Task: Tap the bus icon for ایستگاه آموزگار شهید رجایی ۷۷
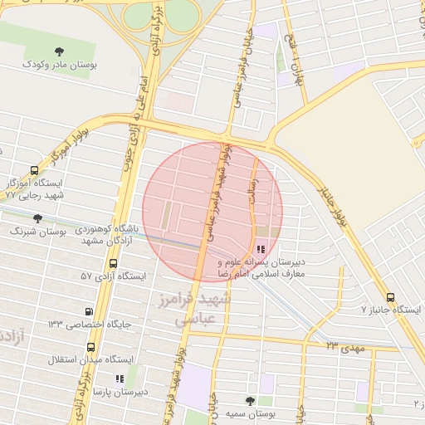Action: tap(34, 169)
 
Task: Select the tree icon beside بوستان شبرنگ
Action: tap(37, 218)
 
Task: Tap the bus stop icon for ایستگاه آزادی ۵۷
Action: tap(113, 263)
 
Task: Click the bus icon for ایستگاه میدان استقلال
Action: tap(90, 348)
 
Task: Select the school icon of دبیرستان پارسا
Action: tap(120, 379)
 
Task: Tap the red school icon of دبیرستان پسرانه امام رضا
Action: tap(261, 248)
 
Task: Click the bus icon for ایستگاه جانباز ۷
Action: tap(390, 297)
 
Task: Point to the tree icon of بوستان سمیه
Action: tap(251, 401)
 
